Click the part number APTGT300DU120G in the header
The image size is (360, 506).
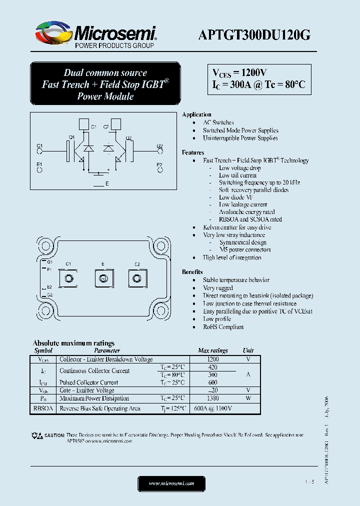click(255, 34)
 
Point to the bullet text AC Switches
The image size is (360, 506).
click(218, 122)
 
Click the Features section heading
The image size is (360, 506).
click(193, 152)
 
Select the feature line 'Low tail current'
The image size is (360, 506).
click(237, 175)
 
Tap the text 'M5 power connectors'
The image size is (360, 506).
click(244, 249)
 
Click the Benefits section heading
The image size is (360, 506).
click(192, 272)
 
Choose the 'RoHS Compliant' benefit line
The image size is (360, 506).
click(223, 327)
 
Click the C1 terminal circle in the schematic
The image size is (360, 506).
click(39, 152)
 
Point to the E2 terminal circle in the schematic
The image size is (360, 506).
click(159, 170)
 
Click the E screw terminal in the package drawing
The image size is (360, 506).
click(103, 278)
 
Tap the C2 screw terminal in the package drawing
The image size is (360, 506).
click(136, 278)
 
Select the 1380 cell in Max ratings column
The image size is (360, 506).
click(213, 398)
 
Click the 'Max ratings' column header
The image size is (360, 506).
click(213, 351)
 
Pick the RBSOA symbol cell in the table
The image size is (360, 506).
click(43, 408)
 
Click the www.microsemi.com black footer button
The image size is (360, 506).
click(171, 483)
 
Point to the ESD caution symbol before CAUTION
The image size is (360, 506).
click(37, 435)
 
